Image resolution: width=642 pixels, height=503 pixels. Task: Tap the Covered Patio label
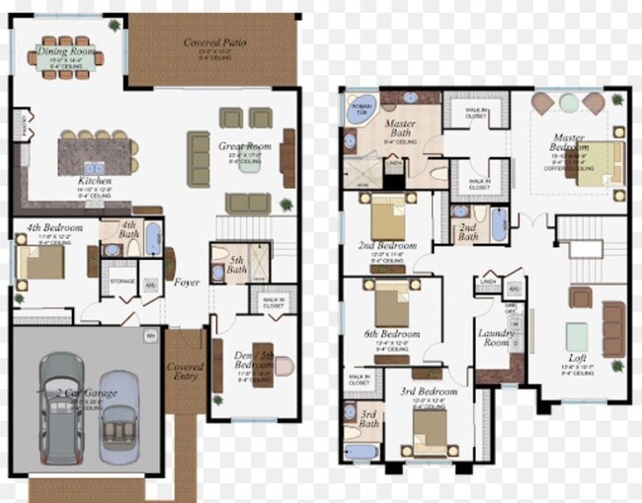(x=214, y=42)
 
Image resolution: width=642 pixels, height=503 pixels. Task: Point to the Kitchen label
(x=95, y=182)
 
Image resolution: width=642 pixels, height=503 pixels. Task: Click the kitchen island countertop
(x=93, y=154)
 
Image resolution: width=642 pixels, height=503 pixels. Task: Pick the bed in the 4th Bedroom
(x=40, y=262)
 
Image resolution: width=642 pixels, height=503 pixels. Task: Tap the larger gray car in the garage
(x=62, y=404)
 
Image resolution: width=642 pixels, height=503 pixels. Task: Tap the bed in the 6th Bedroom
(x=391, y=303)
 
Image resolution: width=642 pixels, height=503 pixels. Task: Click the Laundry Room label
(x=495, y=337)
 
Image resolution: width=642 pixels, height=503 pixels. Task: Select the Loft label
(x=578, y=362)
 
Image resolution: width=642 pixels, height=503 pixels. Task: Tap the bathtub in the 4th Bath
(x=154, y=238)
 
